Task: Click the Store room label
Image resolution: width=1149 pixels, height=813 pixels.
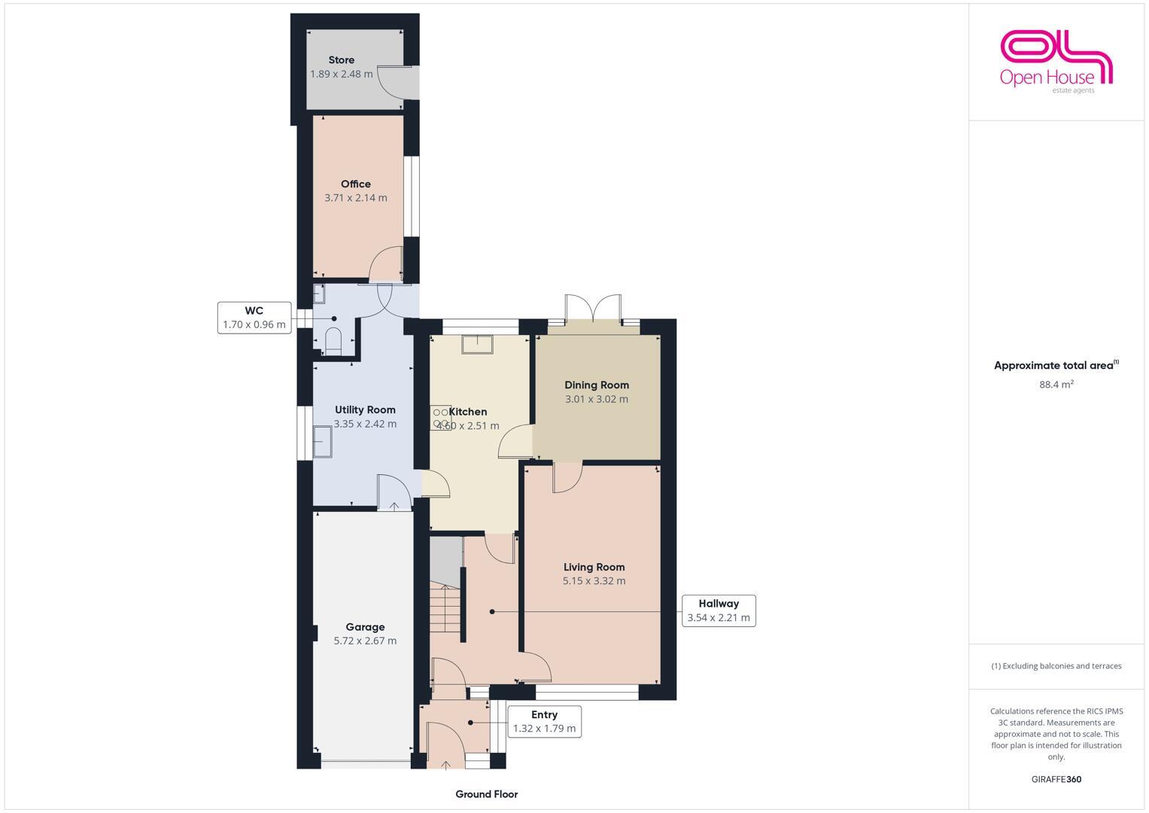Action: point(341,60)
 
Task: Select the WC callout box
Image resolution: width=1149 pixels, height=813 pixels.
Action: point(254,318)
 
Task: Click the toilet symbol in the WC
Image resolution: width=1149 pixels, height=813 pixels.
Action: point(333,340)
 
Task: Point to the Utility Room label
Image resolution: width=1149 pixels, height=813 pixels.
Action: point(365,410)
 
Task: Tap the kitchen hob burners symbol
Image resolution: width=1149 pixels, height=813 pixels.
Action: point(440,419)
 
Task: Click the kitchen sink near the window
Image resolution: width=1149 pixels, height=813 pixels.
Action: point(477,343)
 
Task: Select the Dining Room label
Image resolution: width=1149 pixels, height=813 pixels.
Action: point(597,385)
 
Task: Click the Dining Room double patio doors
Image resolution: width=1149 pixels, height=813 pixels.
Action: point(594,308)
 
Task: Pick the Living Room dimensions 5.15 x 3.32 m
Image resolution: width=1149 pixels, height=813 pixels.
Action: point(594,580)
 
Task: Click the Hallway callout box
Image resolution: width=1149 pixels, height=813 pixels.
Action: point(718,611)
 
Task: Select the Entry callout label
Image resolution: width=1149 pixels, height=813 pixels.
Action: point(544,721)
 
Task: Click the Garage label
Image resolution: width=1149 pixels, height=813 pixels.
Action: point(365,627)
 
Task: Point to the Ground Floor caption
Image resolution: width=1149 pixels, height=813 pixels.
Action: point(486,794)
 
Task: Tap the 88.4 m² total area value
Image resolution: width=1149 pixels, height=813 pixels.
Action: point(1056,384)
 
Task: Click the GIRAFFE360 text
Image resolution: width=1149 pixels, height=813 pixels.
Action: point(1056,779)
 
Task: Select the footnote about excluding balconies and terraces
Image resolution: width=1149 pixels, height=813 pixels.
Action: point(1056,666)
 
